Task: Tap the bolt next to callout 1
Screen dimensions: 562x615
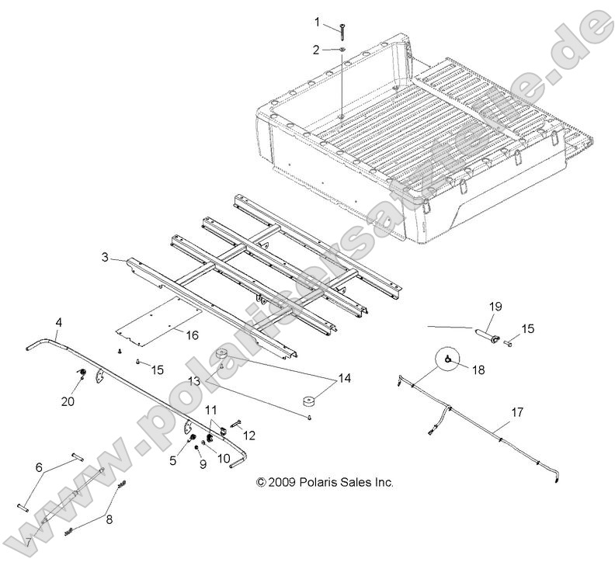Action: pyautogui.click(x=342, y=29)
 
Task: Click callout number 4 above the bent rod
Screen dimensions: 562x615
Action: pyautogui.click(x=59, y=321)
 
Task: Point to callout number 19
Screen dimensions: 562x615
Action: pyautogui.click(x=494, y=307)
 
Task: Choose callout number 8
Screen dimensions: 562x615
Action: pyautogui.click(x=109, y=520)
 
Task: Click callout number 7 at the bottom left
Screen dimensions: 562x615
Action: pyautogui.click(x=29, y=541)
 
